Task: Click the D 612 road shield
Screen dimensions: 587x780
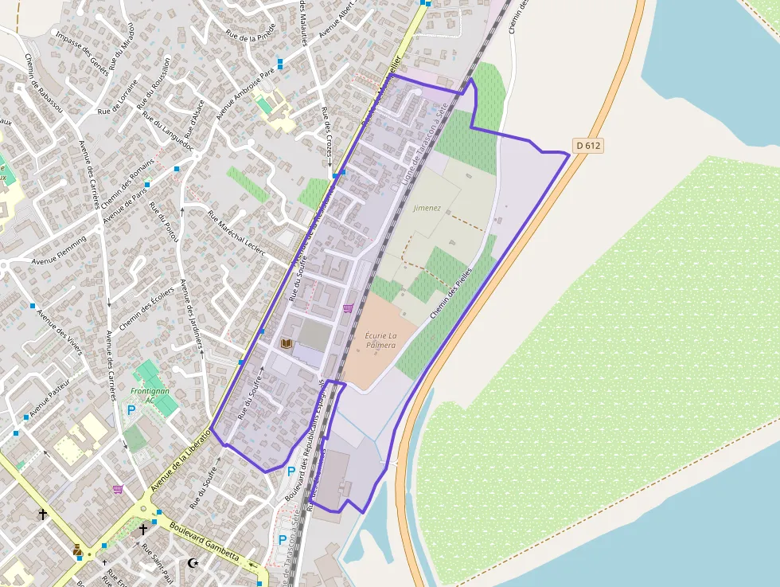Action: point(587,145)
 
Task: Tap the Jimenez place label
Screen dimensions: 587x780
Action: point(427,208)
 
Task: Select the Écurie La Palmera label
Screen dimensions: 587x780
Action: point(380,340)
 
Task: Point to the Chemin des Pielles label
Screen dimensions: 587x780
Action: point(450,293)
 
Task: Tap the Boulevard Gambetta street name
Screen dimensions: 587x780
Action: point(205,541)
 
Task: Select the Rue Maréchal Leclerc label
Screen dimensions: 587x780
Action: point(236,231)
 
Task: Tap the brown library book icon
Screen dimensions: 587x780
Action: point(287,343)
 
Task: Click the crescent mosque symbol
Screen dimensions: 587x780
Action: point(192,563)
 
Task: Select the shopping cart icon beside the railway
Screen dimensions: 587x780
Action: point(348,308)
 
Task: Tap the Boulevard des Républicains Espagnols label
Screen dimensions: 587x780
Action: point(316,442)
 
